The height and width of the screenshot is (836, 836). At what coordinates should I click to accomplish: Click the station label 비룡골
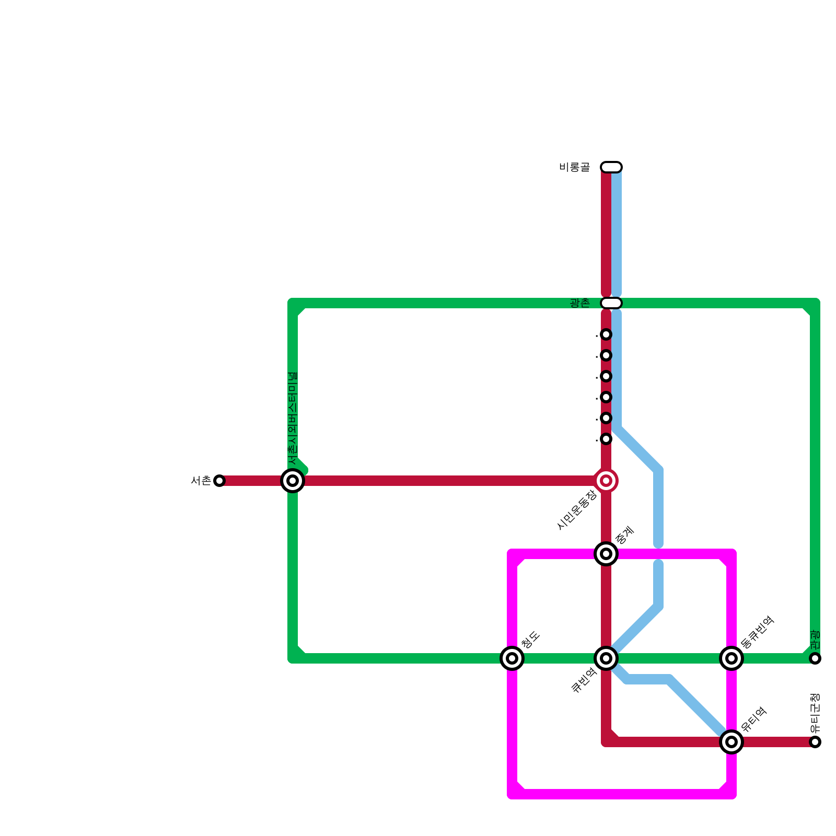(x=574, y=167)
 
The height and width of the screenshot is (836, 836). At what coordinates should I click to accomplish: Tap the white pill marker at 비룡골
(x=611, y=167)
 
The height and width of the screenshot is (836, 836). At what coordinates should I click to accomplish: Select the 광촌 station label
(x=579, y=303)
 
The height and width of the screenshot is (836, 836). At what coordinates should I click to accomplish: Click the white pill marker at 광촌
(x=611, y=303)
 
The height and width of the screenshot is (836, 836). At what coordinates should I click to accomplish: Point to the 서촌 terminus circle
(x=219, y=481)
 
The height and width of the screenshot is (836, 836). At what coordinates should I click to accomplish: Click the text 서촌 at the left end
(x=201, y=481)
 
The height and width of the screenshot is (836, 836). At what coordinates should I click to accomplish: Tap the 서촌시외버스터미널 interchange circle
(x=293, y=481)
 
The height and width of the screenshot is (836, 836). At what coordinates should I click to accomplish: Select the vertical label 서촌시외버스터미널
(x=293, y=418)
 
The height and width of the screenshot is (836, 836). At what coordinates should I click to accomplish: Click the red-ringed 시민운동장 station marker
(x=606, y=481)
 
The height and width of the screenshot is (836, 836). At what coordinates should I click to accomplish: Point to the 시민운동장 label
(x=577, y=510)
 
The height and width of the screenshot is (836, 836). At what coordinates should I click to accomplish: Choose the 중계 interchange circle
(x=606, y=554)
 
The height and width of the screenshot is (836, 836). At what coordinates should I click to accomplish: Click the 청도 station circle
(x=512, y=658)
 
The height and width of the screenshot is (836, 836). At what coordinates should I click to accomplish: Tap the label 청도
(x=530, y=640)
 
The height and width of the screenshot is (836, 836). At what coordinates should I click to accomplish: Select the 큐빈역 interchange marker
(x=606, y=658)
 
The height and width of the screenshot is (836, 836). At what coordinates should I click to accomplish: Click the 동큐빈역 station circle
(x=731, y=658)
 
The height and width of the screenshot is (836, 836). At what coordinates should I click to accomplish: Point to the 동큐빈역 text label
(x=757, y=632)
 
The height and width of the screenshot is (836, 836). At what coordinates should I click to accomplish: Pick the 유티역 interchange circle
(x=731, y=742)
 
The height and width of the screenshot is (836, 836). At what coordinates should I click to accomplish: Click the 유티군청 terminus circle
(x=815, y=742)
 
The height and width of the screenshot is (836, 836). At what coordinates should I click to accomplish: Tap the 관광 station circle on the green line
(x=815, y=658)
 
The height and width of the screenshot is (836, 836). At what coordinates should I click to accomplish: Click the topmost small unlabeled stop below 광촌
(x=606, y=334)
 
